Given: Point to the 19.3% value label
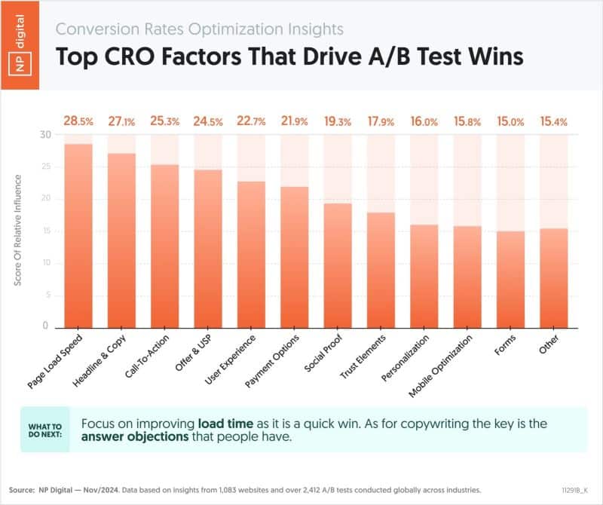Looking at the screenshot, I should point(337,121).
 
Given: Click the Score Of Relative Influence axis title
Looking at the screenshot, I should point(19,230).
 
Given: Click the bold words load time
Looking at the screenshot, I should point(225,424).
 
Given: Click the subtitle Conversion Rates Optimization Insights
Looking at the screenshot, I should point(200,29).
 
